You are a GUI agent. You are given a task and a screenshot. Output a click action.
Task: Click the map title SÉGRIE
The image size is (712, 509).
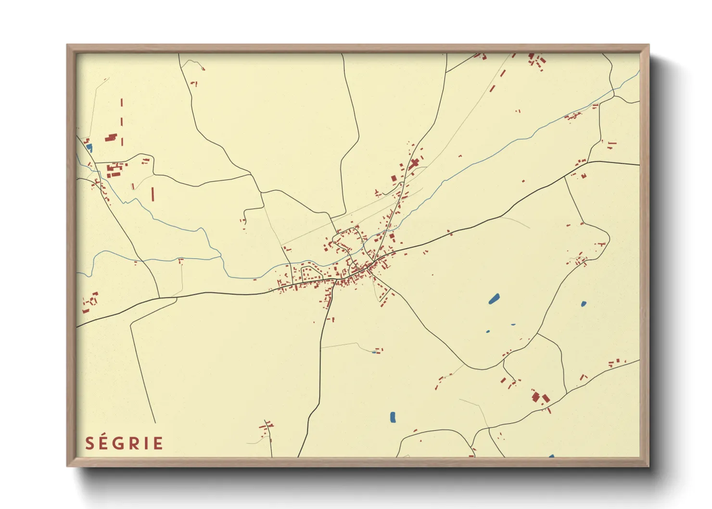click(x=124, y=443)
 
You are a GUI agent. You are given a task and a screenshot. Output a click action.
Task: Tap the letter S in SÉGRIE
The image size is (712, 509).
click(x=89, y=444)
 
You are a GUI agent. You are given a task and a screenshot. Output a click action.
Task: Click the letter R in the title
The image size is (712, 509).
click(x=136, y=444)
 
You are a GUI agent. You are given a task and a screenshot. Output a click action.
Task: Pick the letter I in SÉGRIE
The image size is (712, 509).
click(x=147, y=444)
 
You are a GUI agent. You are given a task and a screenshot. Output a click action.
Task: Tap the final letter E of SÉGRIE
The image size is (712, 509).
click(x=158, y=444)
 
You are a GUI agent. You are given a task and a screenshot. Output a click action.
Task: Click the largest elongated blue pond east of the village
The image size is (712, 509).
click(x=494, y=299)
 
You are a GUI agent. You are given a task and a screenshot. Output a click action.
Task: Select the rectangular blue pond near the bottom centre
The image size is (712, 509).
click(x=393, y=417)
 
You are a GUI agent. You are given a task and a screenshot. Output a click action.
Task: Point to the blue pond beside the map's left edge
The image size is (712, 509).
click(x=89, y=148)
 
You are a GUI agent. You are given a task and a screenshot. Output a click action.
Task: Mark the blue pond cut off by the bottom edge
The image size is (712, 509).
click(x=551, y=456)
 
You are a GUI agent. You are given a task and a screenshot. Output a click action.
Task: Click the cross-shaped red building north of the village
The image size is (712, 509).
click(x=414, y=164)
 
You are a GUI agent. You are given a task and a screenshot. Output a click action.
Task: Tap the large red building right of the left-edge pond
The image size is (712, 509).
click(x=111, y=138)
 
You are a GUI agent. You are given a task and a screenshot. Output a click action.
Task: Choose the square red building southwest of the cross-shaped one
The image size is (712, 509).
click(x=394, y=178)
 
